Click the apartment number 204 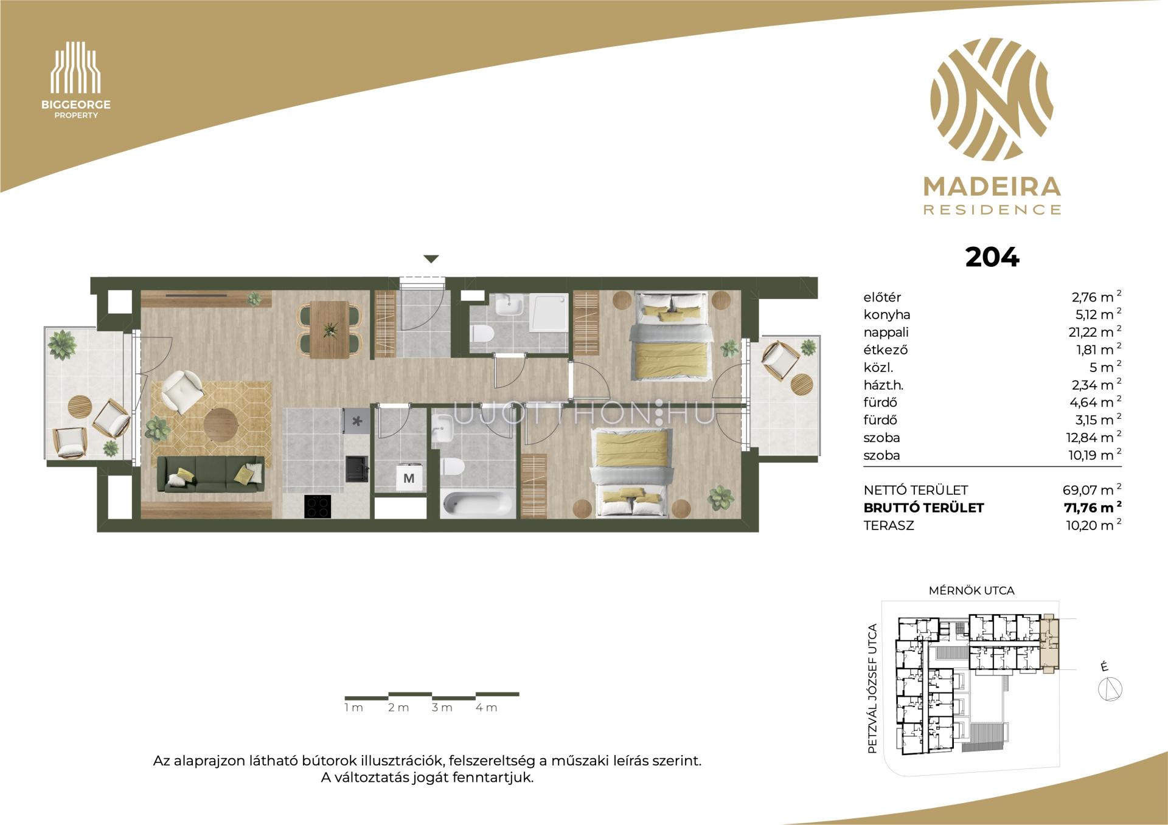[992, 257]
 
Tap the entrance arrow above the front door [431, 259]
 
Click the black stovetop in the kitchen [318, 506]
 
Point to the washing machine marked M [409, 478]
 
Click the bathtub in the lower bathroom [478, 504]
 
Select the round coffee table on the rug [220, 424]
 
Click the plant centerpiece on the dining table [330, 329]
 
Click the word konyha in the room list [887, 315]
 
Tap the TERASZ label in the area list [889, 525]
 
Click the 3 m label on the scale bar [442, 708]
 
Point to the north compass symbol [1111, 689]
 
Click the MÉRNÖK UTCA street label [972, 590]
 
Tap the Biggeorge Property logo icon [75, 67]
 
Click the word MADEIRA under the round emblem [992, 187]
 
